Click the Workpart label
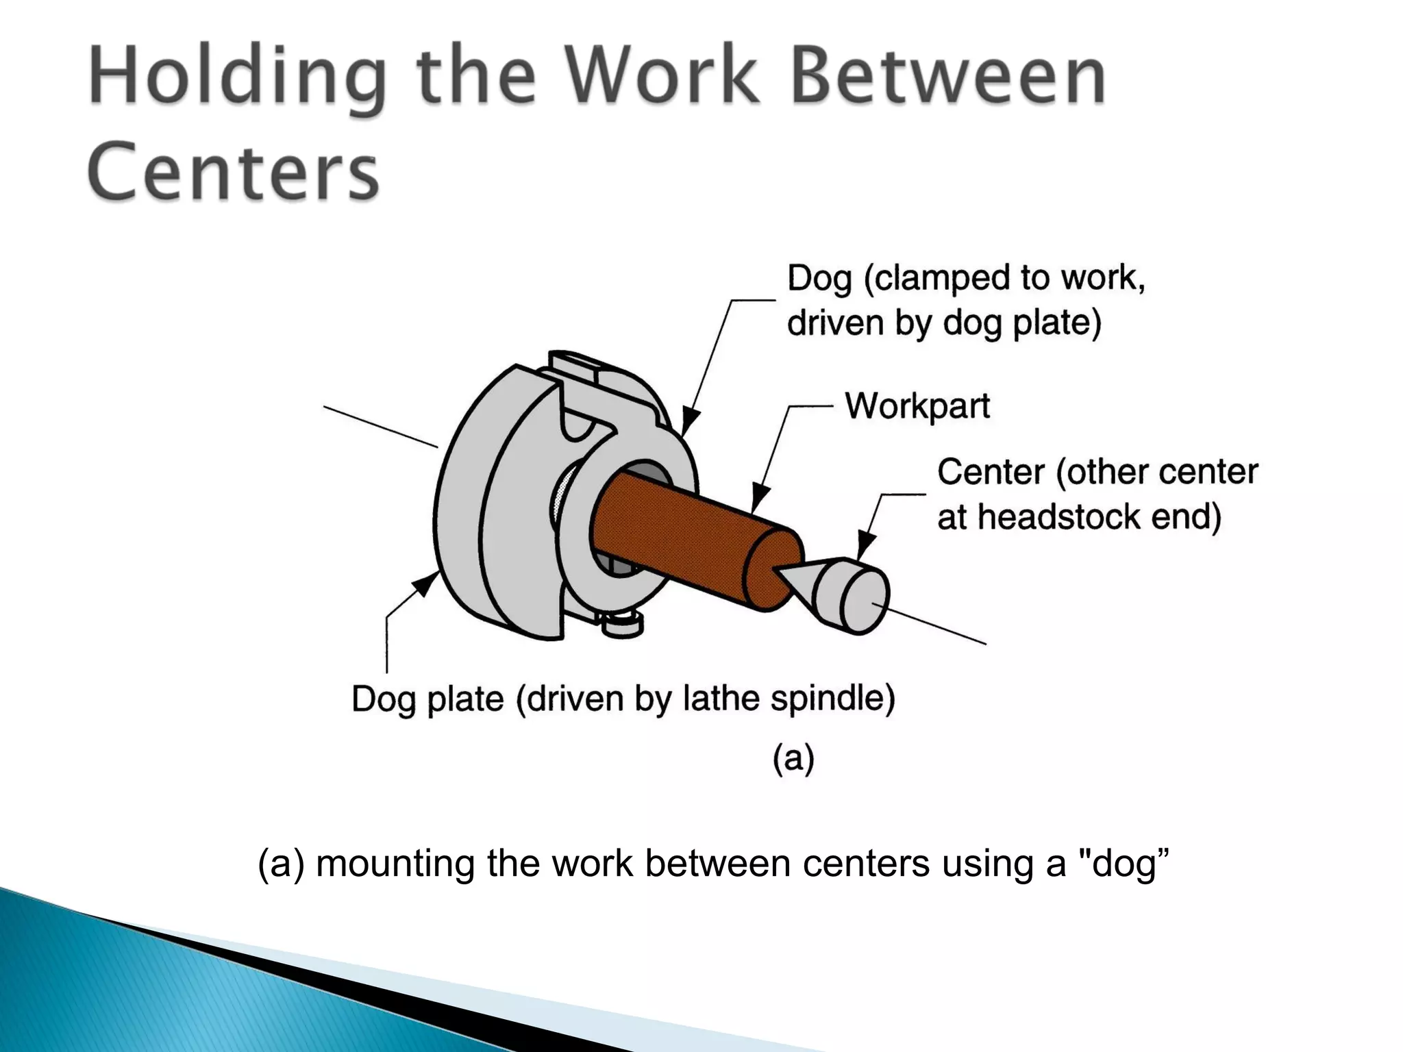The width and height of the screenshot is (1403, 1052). (917, 406)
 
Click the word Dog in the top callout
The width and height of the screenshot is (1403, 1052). (819, 279)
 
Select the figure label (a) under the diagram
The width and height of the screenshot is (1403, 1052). (793, 758)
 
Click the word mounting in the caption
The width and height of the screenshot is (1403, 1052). (395, 863)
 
